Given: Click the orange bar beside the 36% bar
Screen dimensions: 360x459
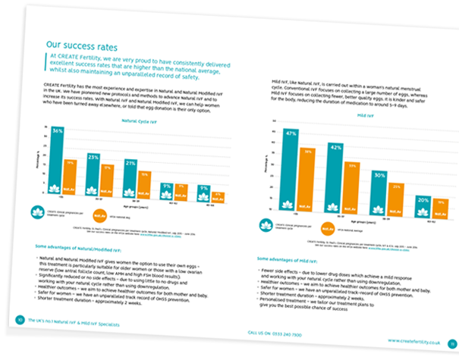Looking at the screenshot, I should [x=70, y=177].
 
